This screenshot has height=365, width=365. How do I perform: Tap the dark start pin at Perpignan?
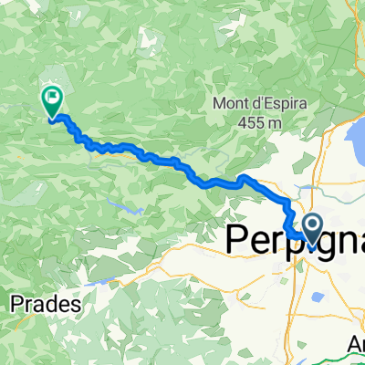(311, 229)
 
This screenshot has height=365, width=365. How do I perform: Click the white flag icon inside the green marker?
(52, 96)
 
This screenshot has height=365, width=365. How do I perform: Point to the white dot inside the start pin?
(311, 224)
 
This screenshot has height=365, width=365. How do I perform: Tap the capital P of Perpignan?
(235, 239)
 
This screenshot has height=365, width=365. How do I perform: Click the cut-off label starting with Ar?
(354, 348)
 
